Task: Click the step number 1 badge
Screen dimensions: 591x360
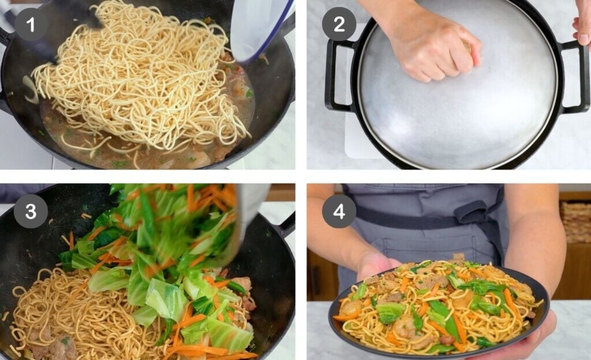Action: click(31, 24)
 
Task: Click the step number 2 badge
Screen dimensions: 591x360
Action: click(339, 24)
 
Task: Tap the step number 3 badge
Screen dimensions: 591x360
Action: click(31, 211)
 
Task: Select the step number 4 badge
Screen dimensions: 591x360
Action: click(339, 211)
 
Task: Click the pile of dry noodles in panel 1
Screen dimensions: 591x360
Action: click(140, 76)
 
